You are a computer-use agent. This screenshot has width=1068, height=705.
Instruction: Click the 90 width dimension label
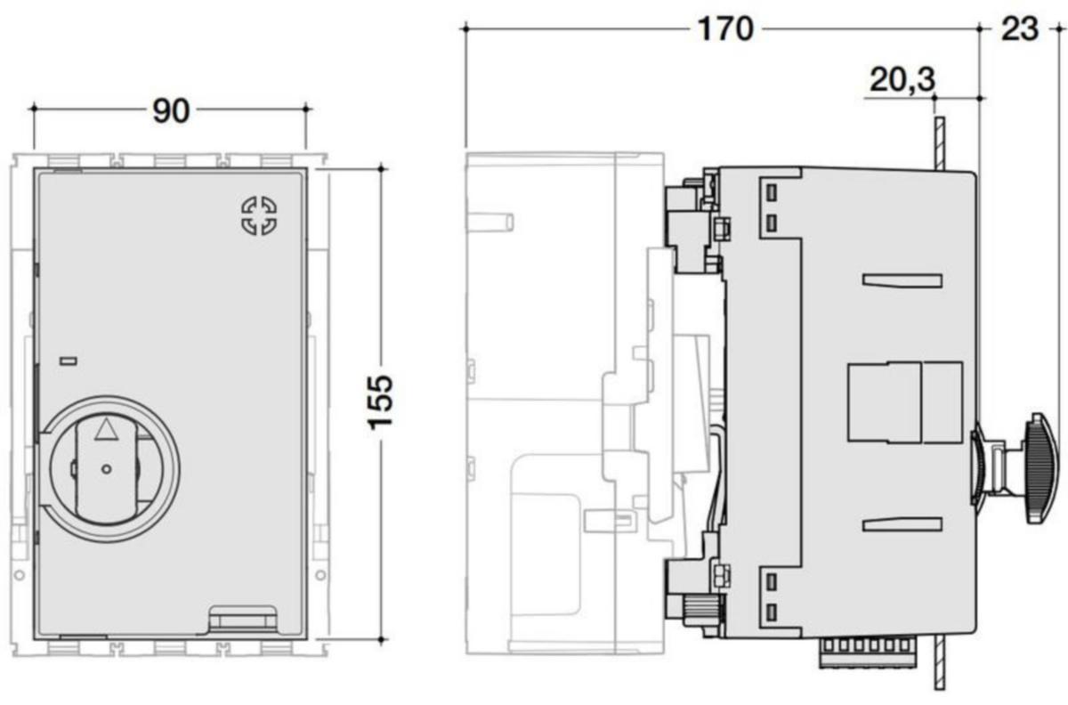click(171, 111)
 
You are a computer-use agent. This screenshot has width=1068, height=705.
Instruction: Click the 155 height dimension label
click(380, 402)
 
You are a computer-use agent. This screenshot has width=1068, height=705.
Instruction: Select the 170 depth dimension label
click(725, 29)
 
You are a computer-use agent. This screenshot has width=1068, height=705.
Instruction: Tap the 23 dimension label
click(1019, 29)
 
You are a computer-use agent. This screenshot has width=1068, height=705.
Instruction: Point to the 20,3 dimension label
click(902, 79)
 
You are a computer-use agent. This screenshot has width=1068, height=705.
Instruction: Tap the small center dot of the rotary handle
click(106, 469)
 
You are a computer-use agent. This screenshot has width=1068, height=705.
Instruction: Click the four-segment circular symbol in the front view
click(259, 215)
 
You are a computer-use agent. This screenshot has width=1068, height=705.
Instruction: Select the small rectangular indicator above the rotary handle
click(69, 361)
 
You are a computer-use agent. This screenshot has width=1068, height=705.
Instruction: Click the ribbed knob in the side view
click(1041, 468)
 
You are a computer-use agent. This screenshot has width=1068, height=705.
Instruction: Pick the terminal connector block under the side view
click(868, 652)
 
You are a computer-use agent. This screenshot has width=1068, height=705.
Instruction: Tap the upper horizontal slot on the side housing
click(902, 281)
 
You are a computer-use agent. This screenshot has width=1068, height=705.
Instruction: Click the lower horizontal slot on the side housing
click(902, 524)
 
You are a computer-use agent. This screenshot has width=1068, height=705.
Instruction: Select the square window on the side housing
click(905, 402)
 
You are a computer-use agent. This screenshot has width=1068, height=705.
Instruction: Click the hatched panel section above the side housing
click(940, 143)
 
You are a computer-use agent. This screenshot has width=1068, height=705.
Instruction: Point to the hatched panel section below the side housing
click(940, 663)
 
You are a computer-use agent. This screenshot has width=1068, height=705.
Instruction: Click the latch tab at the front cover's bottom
click(243, 620)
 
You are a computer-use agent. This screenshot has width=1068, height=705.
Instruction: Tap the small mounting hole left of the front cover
click(19, 575)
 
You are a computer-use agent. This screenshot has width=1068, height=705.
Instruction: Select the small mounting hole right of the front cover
click(321, 575)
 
